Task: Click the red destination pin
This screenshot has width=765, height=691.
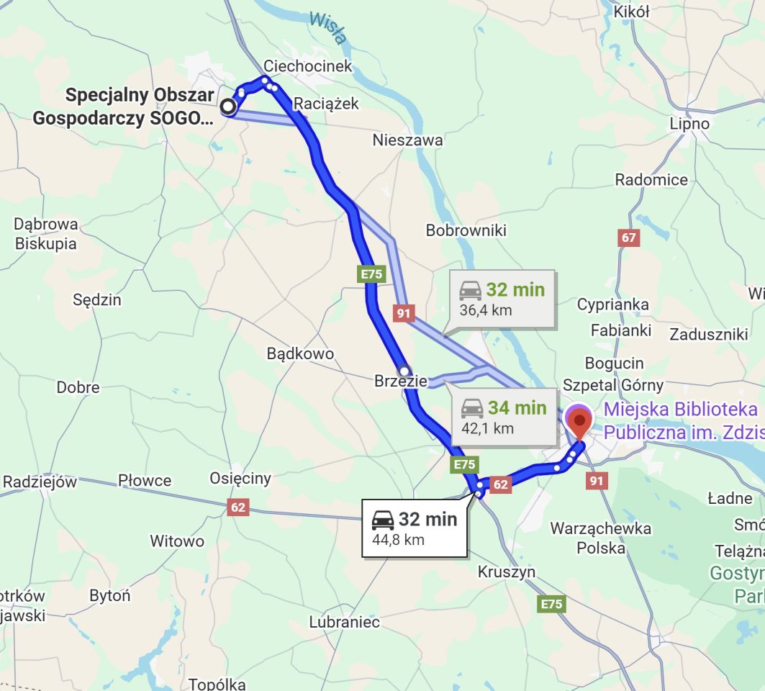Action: (579, 420)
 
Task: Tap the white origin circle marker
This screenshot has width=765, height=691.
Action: (228, 107)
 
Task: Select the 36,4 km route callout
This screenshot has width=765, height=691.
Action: (502, 299)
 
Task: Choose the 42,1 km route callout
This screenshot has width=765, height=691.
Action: (503, 417)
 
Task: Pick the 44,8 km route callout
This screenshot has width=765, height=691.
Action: (414, 528)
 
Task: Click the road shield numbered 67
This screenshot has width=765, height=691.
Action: (629, 238)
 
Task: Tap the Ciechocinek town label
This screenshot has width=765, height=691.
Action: (308, 66)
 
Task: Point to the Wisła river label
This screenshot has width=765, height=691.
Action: (328, 27)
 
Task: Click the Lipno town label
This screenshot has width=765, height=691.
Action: (689, 124)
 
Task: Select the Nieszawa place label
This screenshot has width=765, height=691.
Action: (407, 140)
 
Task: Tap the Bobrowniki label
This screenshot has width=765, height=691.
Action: (466, 230)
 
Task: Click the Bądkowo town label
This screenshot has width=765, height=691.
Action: (300, 353)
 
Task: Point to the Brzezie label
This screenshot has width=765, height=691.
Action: (401, 381)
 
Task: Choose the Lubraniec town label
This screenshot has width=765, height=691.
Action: (344, 622)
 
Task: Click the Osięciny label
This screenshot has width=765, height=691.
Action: (240, 478)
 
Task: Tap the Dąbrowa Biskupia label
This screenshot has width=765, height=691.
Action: (45, 234)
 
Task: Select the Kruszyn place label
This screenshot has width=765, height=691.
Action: (507, 572)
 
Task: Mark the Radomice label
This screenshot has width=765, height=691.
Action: (651, 180)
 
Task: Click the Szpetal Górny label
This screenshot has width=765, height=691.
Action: (613, 385)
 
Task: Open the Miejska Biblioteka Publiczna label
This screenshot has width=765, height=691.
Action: (680, 420)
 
